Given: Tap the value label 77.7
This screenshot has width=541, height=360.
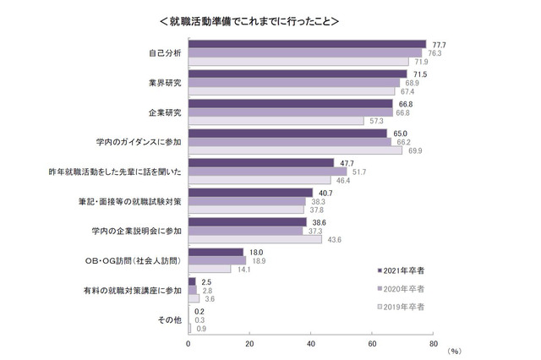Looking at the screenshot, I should pyautogui.click(x=439, y=43).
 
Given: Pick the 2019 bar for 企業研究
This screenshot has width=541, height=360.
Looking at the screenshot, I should pyautogui.click(x=276, y=121).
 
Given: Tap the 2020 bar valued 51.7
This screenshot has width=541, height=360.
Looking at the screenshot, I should pyautogui.click(x=267, y=172).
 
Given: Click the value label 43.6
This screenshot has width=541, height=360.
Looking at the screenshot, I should pyautogui.click(x=336, y=240).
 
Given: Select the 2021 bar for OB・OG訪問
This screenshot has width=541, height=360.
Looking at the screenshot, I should pyautogui.click(x=216, y=252).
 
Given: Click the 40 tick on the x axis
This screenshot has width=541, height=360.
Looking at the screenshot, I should pyautogui.click(x=310, y=343).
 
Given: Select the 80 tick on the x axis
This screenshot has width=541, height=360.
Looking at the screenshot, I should pyautogui.click(x=433, y=343).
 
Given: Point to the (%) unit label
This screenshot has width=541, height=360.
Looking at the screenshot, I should pyautogui.click(x=454, y=351).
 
